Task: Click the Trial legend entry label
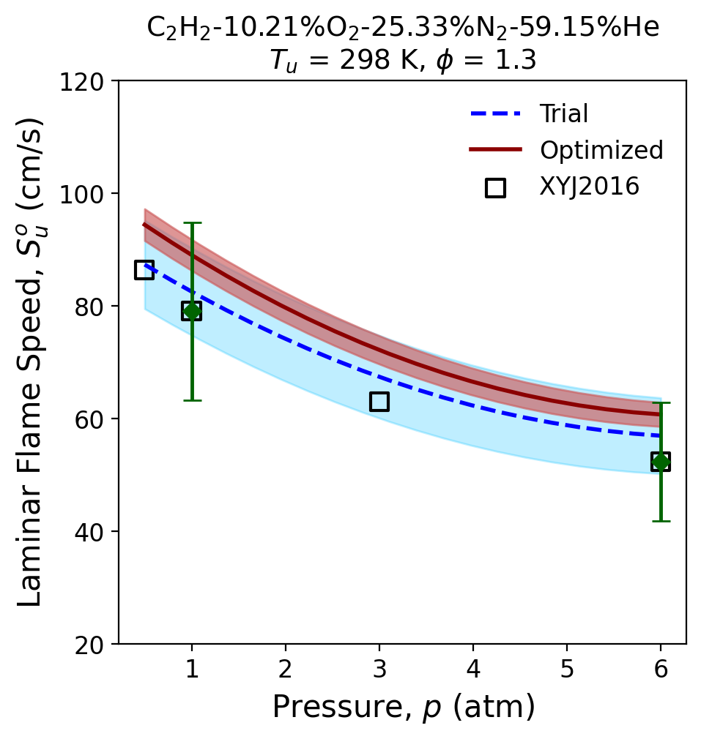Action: [x=564, y=113]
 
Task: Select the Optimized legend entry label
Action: [x=601, y=150]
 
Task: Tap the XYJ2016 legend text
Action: [x=589, y=186]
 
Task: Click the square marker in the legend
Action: [x=495, y=187]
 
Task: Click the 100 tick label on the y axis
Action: [x=81, y=194]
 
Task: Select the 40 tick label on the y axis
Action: [x=89, y=532]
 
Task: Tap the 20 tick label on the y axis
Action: [x=89, y=645]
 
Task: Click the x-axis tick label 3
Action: [x=379, y=669]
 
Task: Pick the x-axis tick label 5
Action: [x=567, y=669]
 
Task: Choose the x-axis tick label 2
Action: [x=286, y=669]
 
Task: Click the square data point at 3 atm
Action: [x=379, y=402]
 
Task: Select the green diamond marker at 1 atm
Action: [x=191, y=310]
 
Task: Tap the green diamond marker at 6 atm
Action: [x=661, y=462]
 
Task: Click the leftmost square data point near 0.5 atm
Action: [x=144, y=269]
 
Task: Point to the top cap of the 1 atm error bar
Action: [x=192, y=222]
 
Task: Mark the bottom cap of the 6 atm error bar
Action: [x=661, y=521]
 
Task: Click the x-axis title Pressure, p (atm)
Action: [x=404, y=707]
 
